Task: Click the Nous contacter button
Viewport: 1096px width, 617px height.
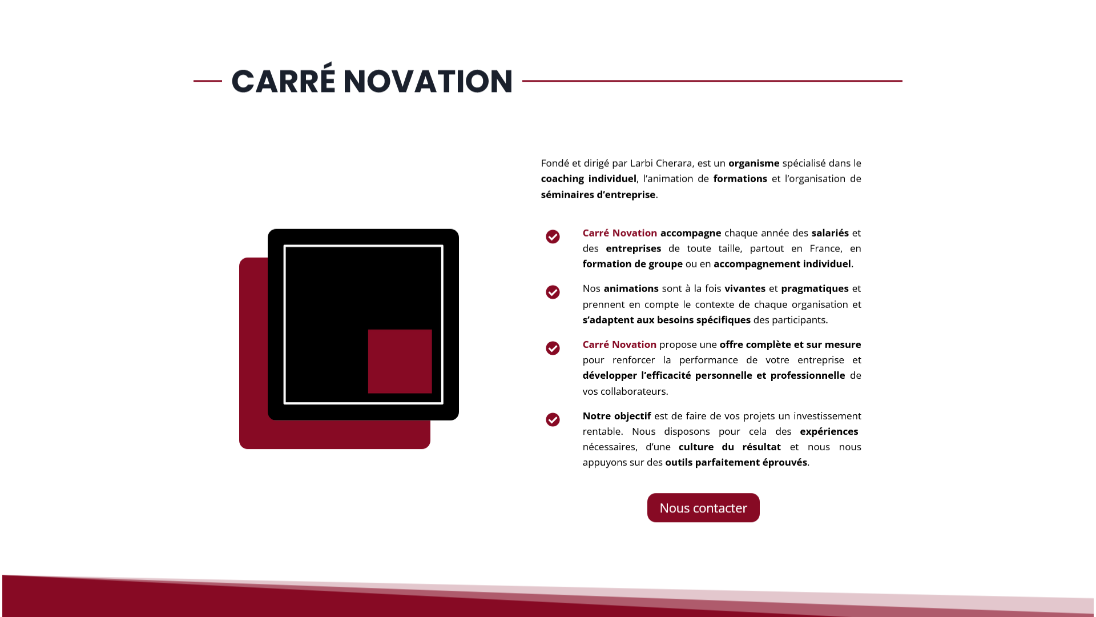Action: [x=703, y=508]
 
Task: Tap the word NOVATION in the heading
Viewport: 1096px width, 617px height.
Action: [x=428, y=81]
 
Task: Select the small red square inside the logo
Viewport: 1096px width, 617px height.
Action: [x=400, y=361]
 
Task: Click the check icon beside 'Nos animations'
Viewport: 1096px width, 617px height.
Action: [x=553, y=293]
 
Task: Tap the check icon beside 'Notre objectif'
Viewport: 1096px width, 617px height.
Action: [x=553, y=420]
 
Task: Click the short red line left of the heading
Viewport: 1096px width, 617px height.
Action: [x=208, y=81]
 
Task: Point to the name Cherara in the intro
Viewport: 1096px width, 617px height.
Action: [x=674, y=163]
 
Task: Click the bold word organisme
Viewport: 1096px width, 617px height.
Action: [x=754, y=163]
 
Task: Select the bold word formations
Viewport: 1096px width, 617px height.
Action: [x=740, y=179]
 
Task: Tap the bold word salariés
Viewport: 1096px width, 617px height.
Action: [x=830, y=233]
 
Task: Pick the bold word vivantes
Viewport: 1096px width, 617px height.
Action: [x=745, y=289]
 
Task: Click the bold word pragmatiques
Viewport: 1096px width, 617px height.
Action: [x=815, y=289]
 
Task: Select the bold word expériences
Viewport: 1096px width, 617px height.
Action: [x=829, y=432]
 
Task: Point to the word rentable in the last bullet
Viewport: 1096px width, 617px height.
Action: [x=601, y=431]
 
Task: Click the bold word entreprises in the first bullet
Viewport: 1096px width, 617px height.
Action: [x=634, y=249]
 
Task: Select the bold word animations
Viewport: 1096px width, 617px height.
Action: [x=631, y=289]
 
